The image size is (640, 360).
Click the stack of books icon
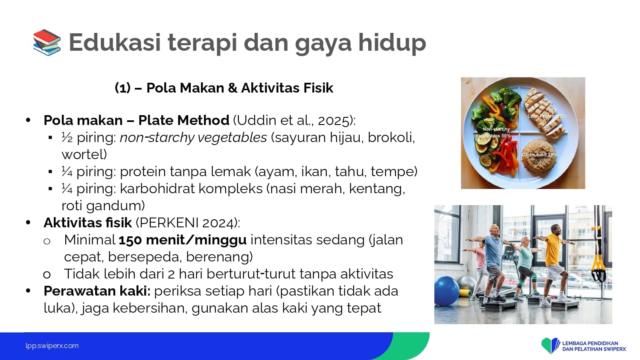tap(47, 42)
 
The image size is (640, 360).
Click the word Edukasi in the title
tap(115, 42)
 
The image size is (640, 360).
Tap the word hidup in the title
tap(392, 43)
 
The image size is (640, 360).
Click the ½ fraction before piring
tap(67, 137)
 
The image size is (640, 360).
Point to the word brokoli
tap(391, 138)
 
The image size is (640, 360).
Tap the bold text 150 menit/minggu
tap(183, 240)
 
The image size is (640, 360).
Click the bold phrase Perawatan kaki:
tap(97, 291)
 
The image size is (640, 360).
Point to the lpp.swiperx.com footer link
tap(52, 346)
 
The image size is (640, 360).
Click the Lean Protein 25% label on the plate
tap(547, 116)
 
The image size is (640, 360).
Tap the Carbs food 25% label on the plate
tap(539, 154)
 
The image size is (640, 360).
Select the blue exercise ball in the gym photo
tap(447, 291)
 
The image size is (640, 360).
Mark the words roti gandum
tap(103, 206)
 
